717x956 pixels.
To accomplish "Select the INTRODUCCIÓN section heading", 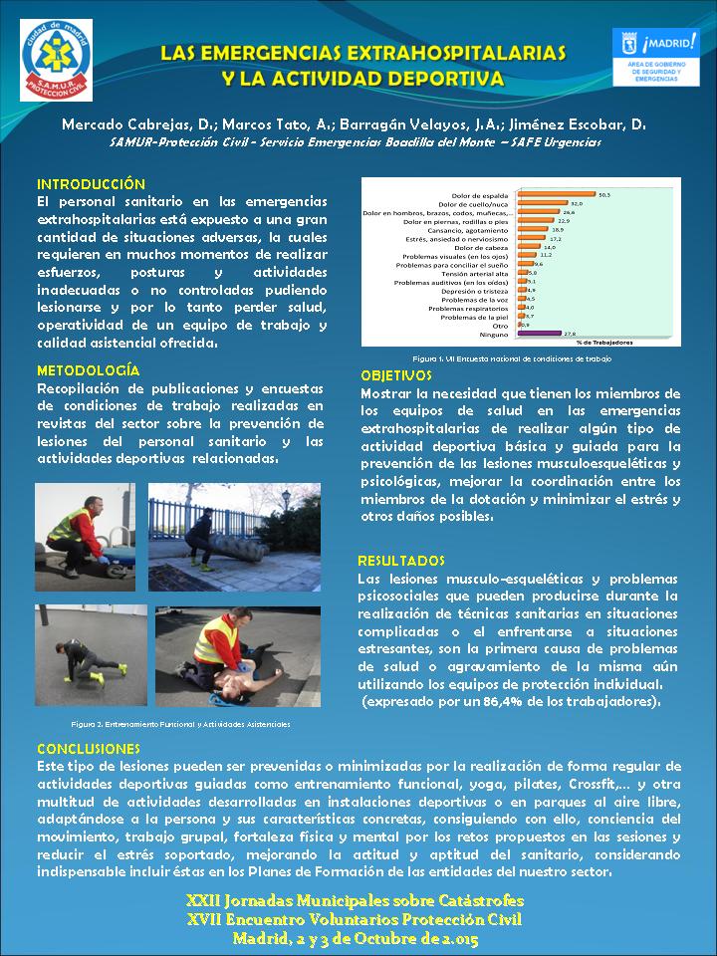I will click(x=91, y=184).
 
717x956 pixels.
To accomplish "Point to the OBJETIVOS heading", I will click(x=395, y=376).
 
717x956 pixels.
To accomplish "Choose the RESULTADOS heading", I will click(x=401, y=561).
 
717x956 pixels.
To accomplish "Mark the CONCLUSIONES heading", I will click(x=89, y=748).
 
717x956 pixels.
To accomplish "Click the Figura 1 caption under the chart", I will click(x=512, y=358).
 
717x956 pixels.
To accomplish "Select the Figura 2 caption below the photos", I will click(x=180, y=725).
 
